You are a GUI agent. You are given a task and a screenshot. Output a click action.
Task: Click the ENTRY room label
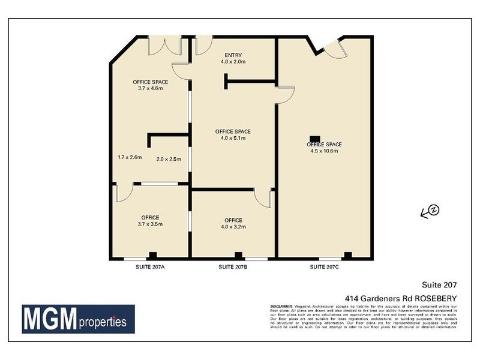(x=233, y=54)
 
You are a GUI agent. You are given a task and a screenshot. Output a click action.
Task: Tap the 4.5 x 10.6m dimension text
(x=324, y=151)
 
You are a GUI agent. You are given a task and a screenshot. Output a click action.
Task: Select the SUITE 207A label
(x=150, y=266)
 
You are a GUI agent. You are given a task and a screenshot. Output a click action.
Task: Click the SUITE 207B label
(x=233, y=266)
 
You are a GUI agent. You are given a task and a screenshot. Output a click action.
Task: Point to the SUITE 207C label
(x=325, y=266)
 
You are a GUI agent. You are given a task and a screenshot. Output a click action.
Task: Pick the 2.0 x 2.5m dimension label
(x=169, y=160)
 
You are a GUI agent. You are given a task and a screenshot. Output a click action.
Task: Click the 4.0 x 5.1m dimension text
(x=233, y=139)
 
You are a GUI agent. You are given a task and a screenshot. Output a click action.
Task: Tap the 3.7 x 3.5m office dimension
(x=150, y=224)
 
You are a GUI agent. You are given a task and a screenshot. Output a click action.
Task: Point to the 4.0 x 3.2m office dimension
(x=233, y=227)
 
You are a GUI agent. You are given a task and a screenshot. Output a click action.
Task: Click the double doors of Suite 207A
(x=164, y=45)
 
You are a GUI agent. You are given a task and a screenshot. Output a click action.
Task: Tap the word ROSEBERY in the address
(x=436, y=298)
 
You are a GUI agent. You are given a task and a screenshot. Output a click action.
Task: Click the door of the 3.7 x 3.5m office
(x=123, y=193)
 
